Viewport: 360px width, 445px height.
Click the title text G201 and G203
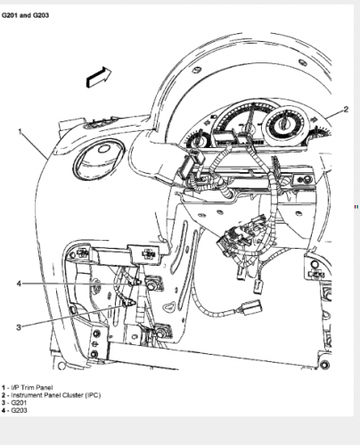pyautogui.click(x=25, y=15)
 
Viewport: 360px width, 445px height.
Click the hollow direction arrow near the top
pyautogui.click(x=99, y=78)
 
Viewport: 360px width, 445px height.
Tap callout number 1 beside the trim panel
pyautogui.click(x=20, y=131)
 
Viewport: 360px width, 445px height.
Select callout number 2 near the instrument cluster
pyautogui.click(x=346, y=110)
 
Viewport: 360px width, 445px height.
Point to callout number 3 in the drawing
pyautogui.click(x=19, y=327)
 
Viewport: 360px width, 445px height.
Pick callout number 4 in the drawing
pyautogui.click(x=19, y=284)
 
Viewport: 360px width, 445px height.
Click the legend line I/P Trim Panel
pyautogui.click(x=28, y=388)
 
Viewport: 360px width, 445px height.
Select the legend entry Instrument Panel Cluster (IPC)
pyautogui.click(x=51, y=395)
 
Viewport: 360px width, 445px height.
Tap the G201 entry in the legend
pyautogui.click(x=14, y=403)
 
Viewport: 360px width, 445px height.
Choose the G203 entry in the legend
pyautogui.click(x=14, y=410)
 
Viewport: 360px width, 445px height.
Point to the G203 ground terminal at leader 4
pyautogui.click(x=135, y=282)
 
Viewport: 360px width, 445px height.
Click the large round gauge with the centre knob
pyautogui.click(x=285, y=125)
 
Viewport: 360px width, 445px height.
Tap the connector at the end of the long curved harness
pyautogui.click(x=252, y=308)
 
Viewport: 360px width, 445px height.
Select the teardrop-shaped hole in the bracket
pyautogui.click(x=170, y=306)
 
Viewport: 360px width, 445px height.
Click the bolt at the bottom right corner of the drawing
pyautogui.click(x=324, y=364)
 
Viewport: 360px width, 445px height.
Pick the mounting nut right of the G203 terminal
pyautogui.click(x=151, y=285)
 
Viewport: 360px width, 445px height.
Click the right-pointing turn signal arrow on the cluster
pyautogui.click(x=314, y=120)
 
